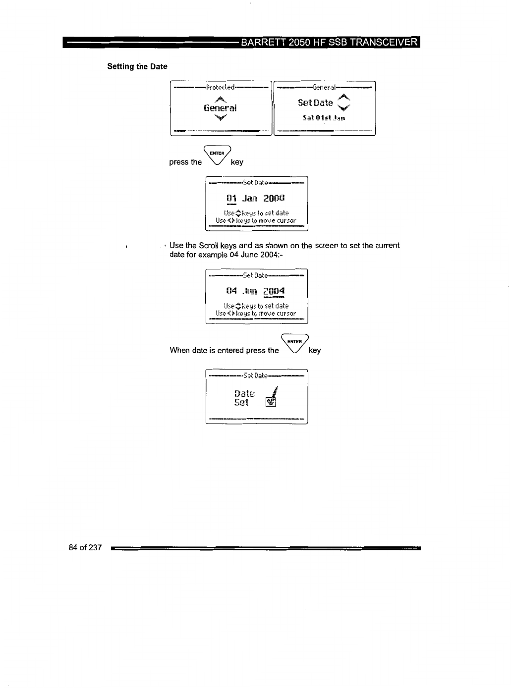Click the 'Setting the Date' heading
tap(137, 66)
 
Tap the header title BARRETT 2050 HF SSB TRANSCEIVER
tap(329, 42)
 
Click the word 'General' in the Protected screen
tap(220, 108)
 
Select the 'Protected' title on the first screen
tap(220, 87)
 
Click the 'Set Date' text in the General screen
tap(315, 103)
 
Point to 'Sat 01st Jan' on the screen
tap(324, 118)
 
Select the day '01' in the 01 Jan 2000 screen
tap(231, 199)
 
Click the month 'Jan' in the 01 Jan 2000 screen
tap(250, 199)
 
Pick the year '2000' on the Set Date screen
tap(274, 199)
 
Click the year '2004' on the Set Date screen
tap(274, 291)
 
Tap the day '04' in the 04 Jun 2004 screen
tap(231, 291)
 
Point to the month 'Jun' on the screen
tap(250, 291)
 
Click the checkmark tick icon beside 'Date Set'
tap(271, 398)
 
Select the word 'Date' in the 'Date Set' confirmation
tap(244, 394)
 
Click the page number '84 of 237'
tap(85, 547)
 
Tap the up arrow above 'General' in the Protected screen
tap(220, 99)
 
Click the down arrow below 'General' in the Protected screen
tap(220, 117)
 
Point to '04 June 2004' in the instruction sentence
tap(254, 255)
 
